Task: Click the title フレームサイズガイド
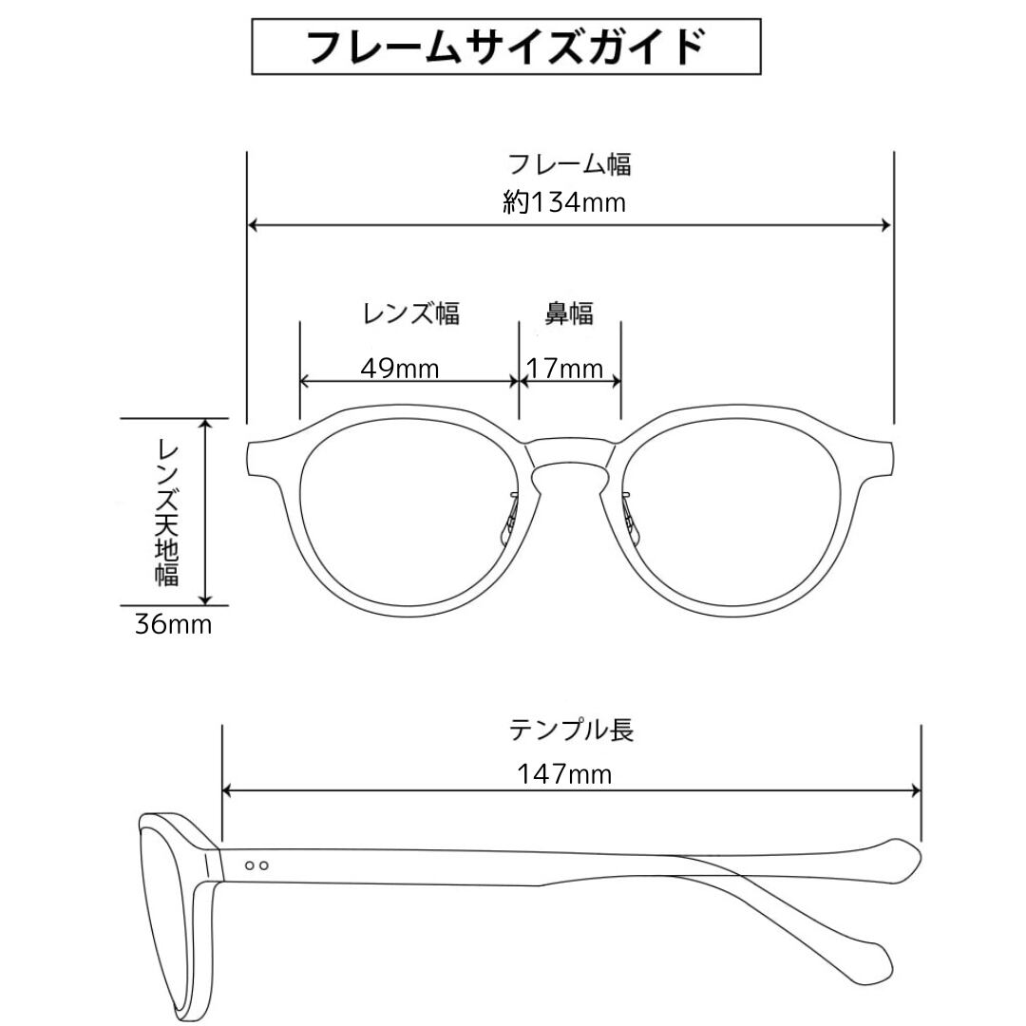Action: click(506, 47)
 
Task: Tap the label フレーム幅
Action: click(569, 163)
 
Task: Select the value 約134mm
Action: click(564, 202)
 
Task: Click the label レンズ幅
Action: click(411, 313)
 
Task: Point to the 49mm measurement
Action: click(400, 368)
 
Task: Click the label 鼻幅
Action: click(568, 313)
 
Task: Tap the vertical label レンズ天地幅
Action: click(170, 511)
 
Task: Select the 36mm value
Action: click(172, 625)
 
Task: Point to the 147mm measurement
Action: click(564, 773)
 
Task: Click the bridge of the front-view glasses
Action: click(569, 457)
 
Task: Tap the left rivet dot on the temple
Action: click(250, 865)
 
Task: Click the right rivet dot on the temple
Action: click(264, 865)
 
